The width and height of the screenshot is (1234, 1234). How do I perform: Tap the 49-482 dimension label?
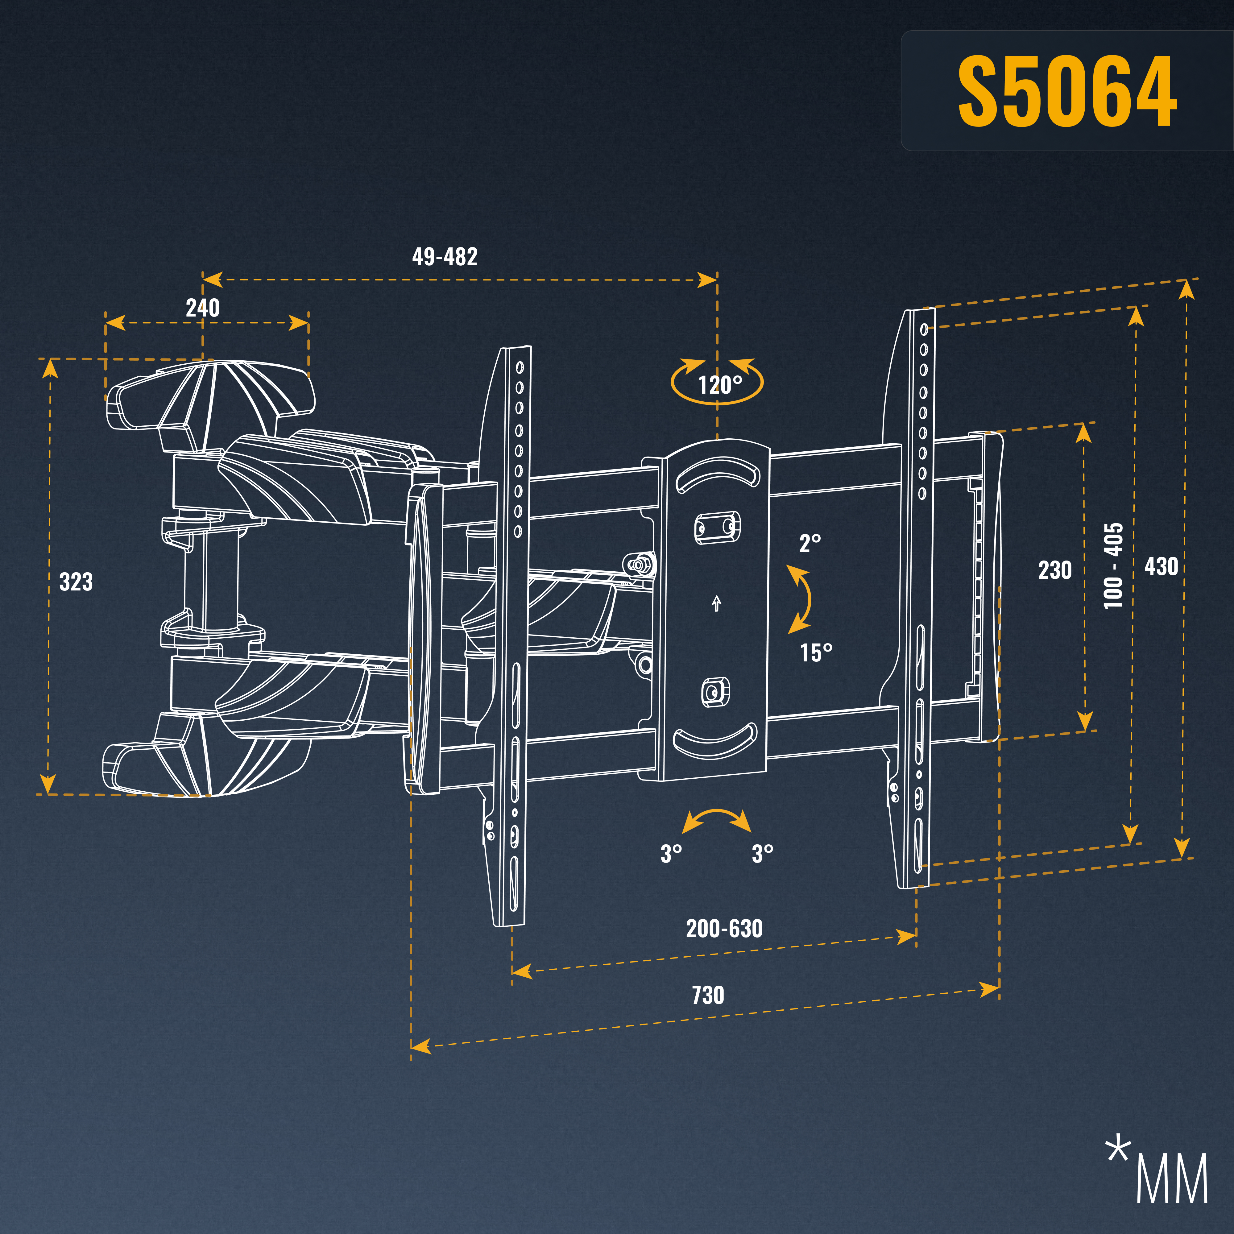click(x=445, y=257)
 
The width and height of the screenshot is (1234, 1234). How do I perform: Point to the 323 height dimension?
click(x=76, y=582)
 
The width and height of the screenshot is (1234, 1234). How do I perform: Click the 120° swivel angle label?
click(x=720, y=385)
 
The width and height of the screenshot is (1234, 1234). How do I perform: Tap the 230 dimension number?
click(x=1054, y=570)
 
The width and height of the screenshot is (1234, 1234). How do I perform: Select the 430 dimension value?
click(x=1161, y=566)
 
